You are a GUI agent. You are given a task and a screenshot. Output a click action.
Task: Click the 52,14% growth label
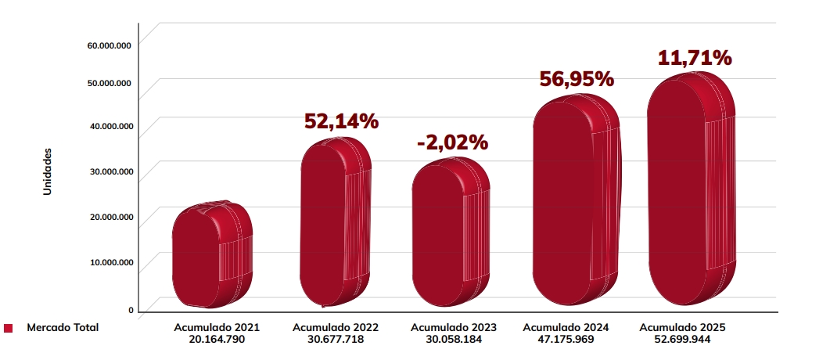tap(341, 121)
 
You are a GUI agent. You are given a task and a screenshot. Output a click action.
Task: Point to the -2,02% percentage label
tap(452, 142)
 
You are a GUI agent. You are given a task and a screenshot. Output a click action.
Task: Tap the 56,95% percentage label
tap(577, 79)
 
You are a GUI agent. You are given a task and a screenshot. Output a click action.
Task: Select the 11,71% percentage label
tap(694, 58)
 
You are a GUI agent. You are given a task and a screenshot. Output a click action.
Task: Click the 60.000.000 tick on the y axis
tap(109, 45)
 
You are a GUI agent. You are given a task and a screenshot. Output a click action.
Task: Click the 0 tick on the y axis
tap(131, 310)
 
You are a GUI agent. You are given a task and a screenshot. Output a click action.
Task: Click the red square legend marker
tap(9, 328)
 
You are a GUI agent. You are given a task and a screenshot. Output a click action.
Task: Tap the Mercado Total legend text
tap(63, 327)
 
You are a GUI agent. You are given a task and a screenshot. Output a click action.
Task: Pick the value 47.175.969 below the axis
tap(566, 340)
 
